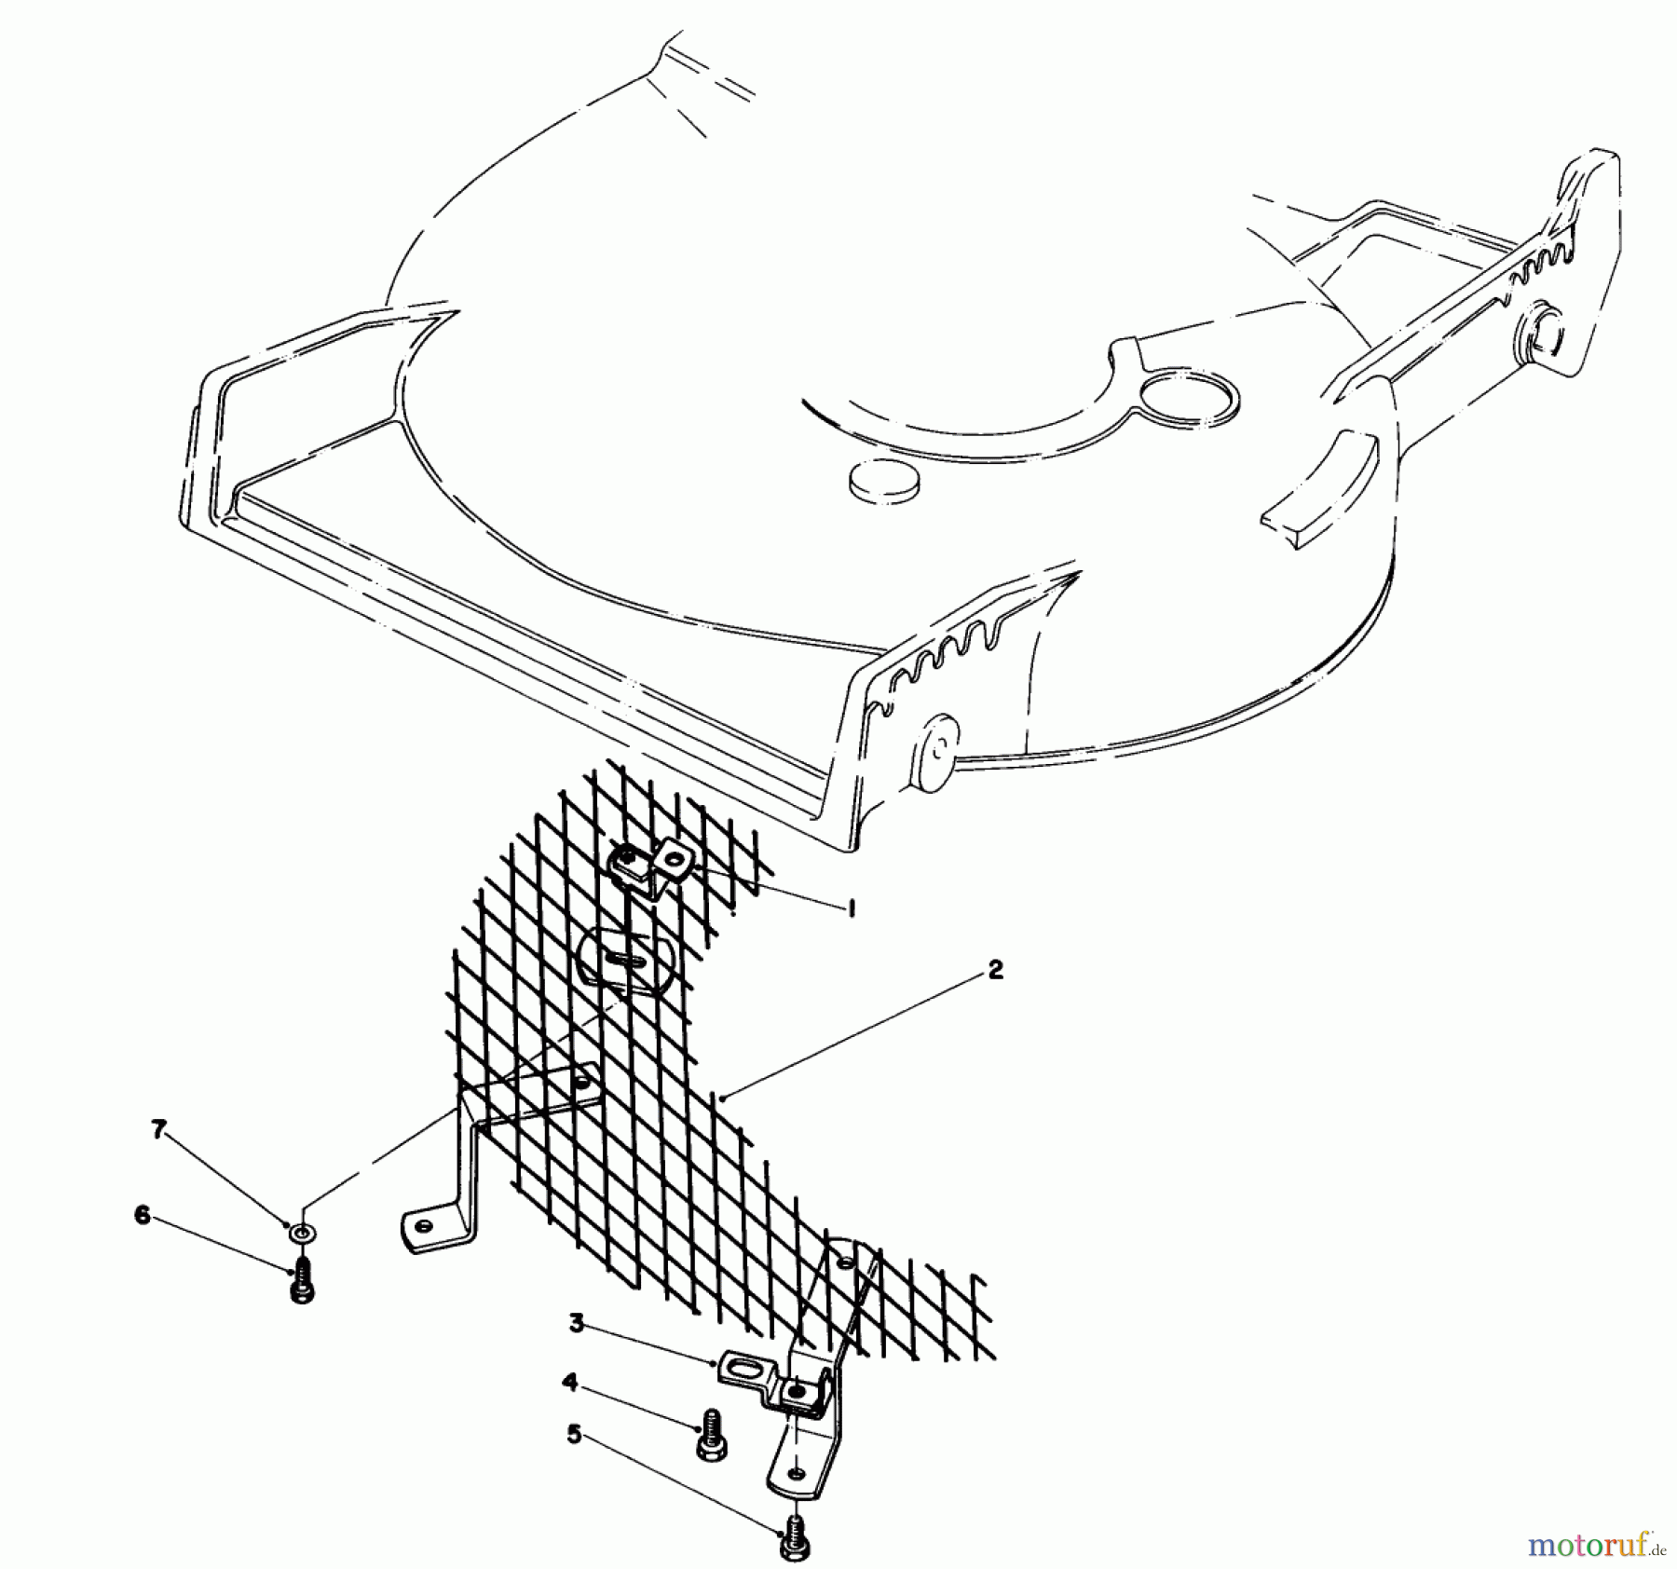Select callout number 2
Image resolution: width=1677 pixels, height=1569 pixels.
pyautogui.click(x=995, y=970)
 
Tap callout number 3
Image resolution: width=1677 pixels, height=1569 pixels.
pyautogui.click(x=577, y=1323)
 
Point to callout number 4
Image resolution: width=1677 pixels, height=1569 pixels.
pyautogui.click(x=569, y=1384)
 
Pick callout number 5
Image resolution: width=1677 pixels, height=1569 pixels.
pyautogui.click(x=574, y=1435)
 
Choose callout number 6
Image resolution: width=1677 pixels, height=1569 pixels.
pyautogui.click(x=143, y=1216)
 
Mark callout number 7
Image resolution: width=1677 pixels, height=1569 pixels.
pyautogui.click(x=158, y=1129)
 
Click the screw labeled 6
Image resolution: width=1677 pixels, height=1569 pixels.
pyautogui.click(x=301, y=1281)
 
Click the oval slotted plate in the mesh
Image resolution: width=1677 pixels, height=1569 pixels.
pyautogui.click(x=626, y=961)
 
